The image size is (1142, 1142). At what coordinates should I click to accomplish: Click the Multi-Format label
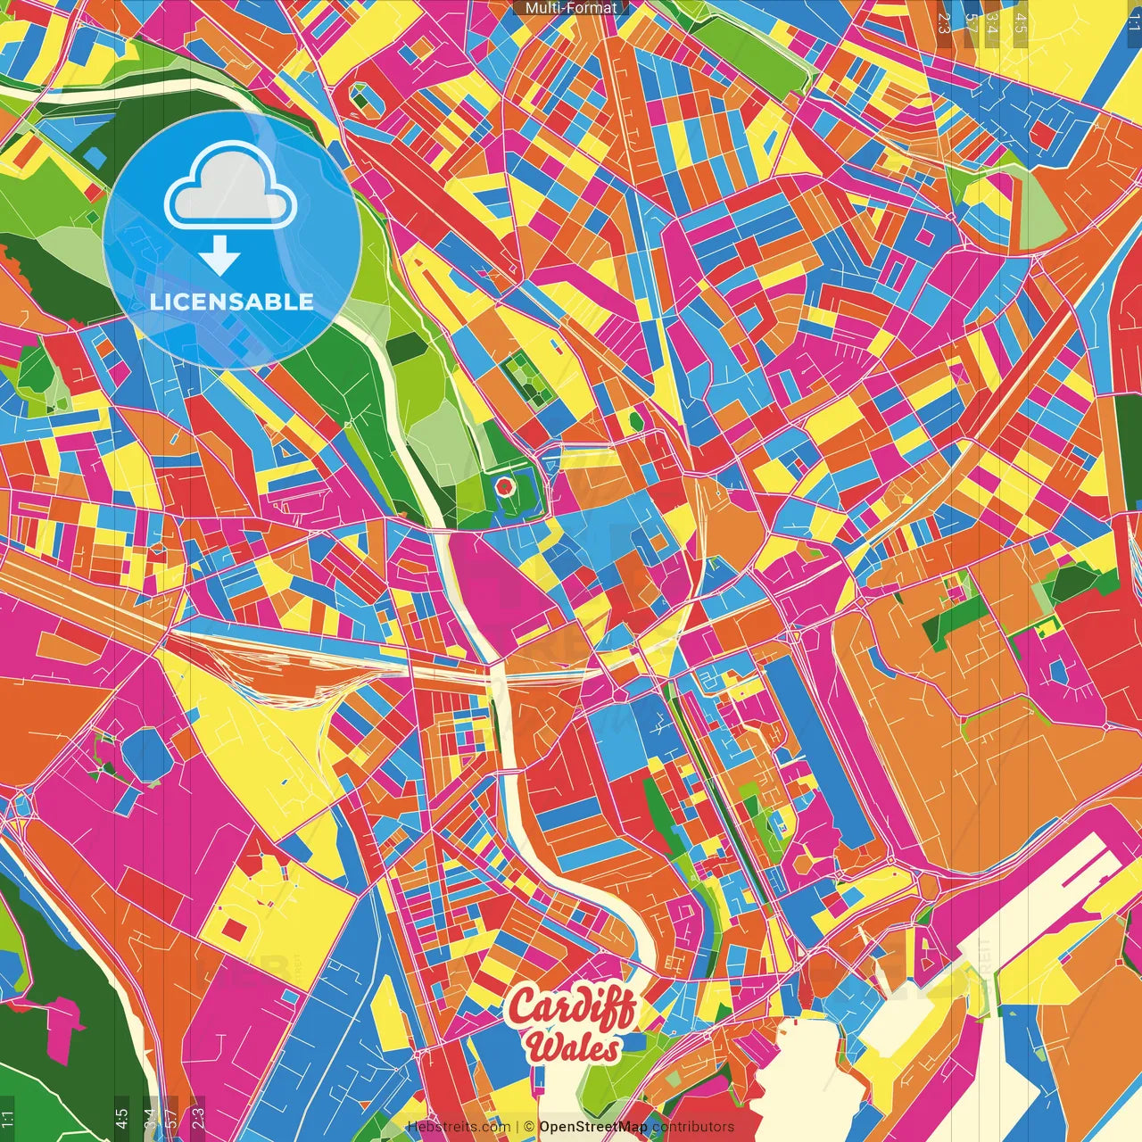[x=571, y=8]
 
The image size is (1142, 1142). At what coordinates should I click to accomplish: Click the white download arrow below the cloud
[x=219, y=257]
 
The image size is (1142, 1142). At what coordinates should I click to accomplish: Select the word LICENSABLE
[x=232, y=302]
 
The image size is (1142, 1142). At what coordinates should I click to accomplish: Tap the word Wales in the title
[x=573, y=1047]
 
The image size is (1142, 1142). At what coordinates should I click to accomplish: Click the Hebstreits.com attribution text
[x=459, y=1127]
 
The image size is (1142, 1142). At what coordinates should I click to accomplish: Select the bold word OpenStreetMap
[x=593, y=1127]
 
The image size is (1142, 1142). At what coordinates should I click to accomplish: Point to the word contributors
[x=693, y=1127]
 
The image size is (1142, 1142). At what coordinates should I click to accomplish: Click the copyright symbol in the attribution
[x=529, y=1127]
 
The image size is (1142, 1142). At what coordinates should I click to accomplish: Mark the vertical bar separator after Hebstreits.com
[x=517, y=1127]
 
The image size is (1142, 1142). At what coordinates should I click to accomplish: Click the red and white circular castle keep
[x=504, y=486]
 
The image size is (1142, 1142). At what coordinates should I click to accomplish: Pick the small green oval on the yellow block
[x=635, y=418]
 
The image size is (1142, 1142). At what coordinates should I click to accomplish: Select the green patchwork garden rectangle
[x=524, y=383]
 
